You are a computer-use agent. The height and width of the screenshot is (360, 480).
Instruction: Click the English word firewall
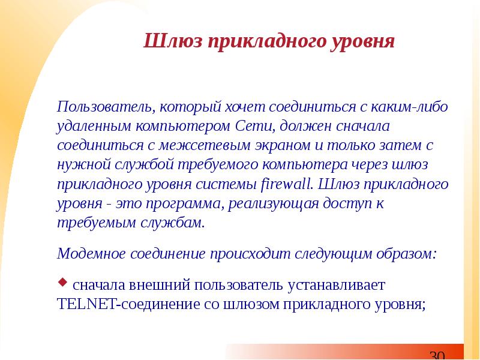point(287,184)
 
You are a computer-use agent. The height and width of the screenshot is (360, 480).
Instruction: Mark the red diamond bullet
point(62,281)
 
